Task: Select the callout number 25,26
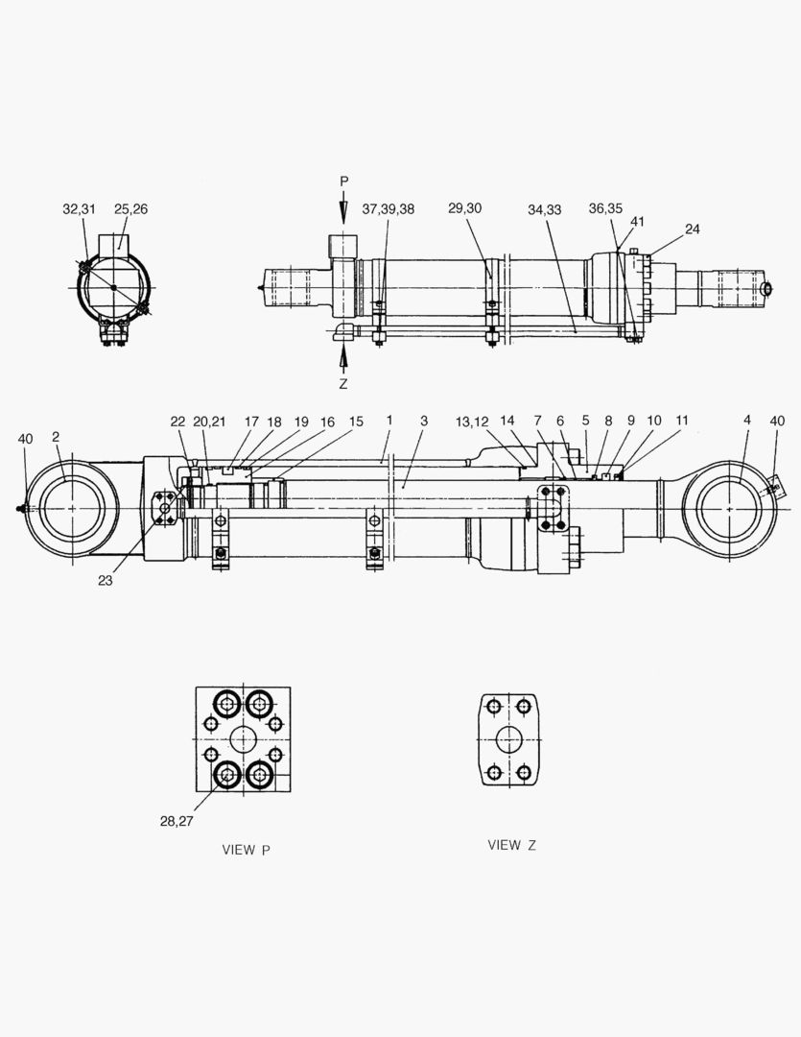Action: [130, 209]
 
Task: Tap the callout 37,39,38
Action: [388, 209]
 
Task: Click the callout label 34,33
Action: [545, 209]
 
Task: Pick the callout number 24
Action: [692, 229]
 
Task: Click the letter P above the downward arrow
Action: [344, 181]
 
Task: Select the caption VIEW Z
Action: [511, 845]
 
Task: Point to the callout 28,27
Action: [177, 820]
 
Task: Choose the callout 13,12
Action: [473, 421]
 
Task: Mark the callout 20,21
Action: [208, 421]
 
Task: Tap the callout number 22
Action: [177, 421]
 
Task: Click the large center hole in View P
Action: [243, 739]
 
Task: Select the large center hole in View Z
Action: [508, 740]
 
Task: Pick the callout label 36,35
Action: [605, 209]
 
